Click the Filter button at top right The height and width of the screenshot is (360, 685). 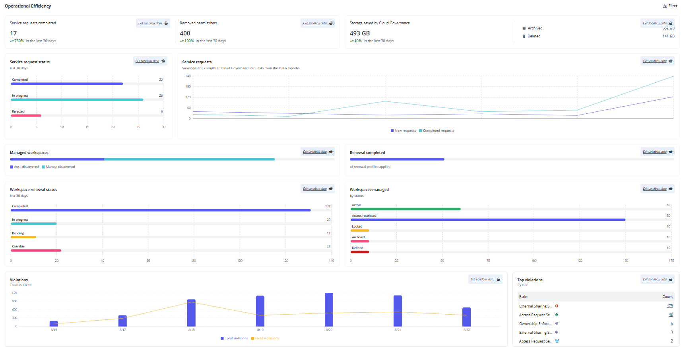[x=670, y=6]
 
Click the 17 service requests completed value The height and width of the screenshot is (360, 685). [x=14, y=33]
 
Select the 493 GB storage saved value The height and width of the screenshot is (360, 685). [x=360, y=33]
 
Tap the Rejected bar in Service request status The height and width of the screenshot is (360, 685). [x=26, y=115]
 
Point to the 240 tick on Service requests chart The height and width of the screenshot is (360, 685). [x=188, y=76]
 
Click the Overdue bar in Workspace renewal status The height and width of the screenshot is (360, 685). [x=36, y=250]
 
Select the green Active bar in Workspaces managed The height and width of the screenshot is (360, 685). [x=406, y=209]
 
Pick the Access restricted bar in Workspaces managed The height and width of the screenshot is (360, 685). [x=488, y=220]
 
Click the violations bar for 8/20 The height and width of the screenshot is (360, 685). [x=329, y=309]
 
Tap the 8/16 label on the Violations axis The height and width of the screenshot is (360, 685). [x=54, y=330]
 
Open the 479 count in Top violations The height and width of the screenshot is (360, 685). [x=669, y=306]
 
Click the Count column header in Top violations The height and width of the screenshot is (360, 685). [x=668, y=297]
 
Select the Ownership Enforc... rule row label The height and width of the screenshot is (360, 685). [x=535, y=324]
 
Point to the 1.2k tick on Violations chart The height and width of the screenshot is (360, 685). [x=14, y=293]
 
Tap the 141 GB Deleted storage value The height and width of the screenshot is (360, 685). [x=668, y=36]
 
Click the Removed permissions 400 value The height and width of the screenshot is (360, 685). [x=185, y=33]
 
